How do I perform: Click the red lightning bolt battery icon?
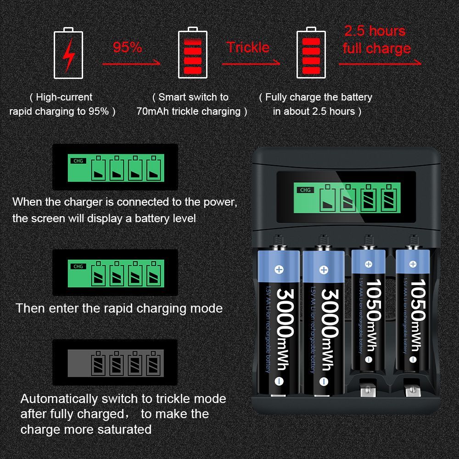coord(68,53)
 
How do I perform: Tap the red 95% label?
coord(127,47)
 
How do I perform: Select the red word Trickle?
coord(248,47)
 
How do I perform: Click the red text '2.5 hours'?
coord(375,31)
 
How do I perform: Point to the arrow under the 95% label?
coord(131,63)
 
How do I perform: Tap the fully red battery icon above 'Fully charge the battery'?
coord(311,53)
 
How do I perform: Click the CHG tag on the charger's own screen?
coord(305,190)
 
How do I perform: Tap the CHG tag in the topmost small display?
coord(78,161)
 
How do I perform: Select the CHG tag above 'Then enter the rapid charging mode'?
coord(78,266)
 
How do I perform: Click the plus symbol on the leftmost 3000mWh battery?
coord(279,269)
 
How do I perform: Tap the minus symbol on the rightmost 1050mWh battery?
coord(413,359)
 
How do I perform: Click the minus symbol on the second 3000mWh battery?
coord(324,381)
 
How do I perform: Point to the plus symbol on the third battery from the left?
coord(369,264)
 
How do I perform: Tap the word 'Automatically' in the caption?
coord(59,399)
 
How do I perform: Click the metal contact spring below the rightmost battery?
coord(412,388)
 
